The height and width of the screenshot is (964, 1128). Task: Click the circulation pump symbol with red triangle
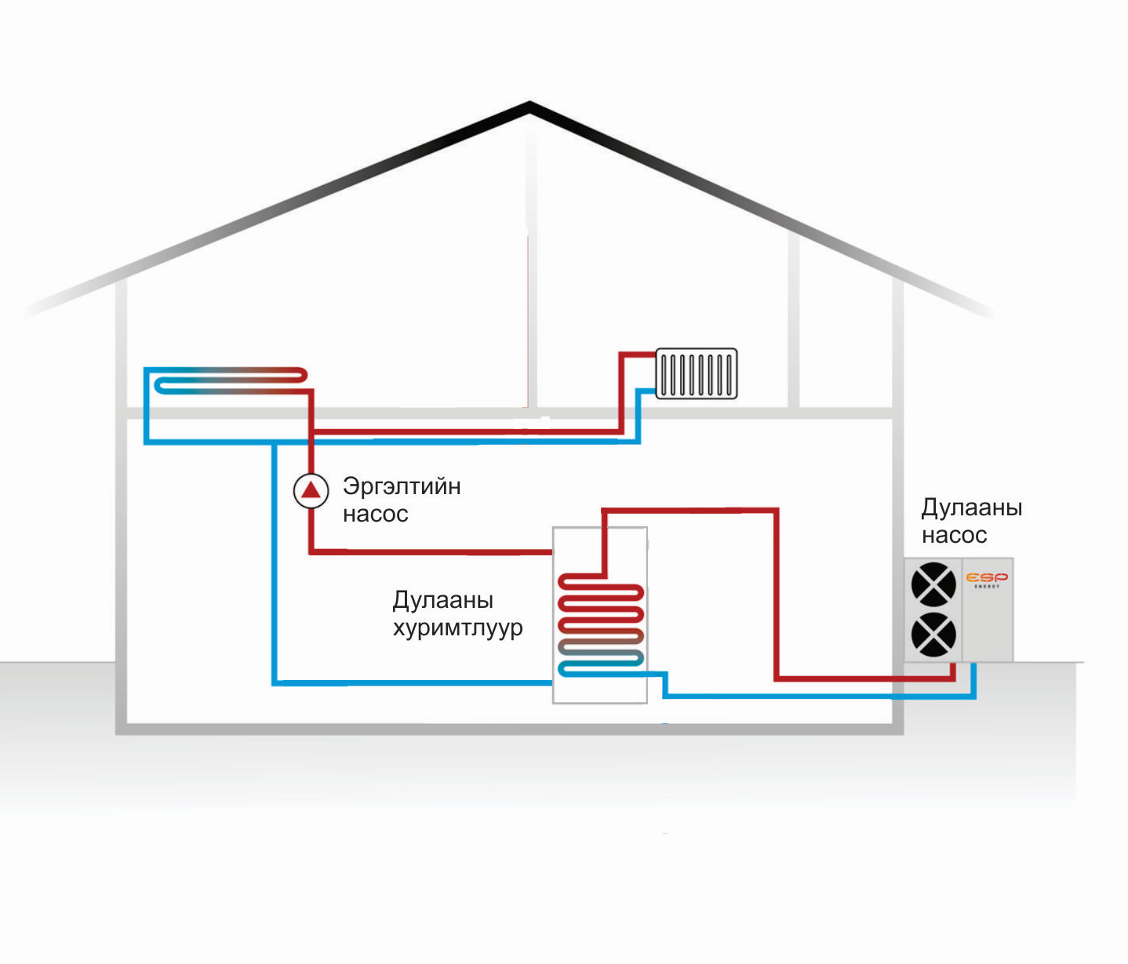point(311,490)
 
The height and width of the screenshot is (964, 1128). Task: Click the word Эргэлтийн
point(402,487)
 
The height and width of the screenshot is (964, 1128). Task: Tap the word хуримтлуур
point(457,628)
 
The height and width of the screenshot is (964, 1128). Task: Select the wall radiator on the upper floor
point(696,373)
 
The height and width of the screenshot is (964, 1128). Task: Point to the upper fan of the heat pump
point(933,584)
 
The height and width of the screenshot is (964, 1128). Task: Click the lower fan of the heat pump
point(933,635)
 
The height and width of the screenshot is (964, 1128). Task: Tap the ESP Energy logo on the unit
point(987,580)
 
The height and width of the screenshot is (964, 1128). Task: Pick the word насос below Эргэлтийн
point(376,515)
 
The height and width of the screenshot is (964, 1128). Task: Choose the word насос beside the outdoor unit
point(954,536)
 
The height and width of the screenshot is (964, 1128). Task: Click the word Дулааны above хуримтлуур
point(442,600)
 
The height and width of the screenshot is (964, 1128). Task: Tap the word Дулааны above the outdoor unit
point(971,507)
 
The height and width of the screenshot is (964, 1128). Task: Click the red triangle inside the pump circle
point(311,490)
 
